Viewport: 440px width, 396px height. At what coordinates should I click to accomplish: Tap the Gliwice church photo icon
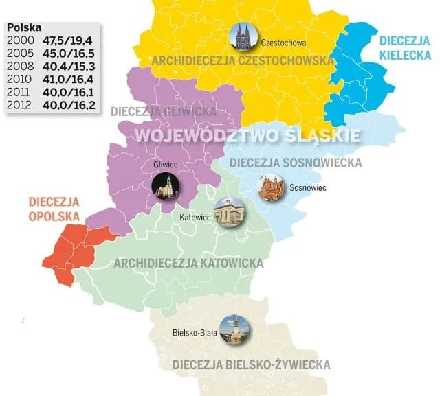pos(165,186)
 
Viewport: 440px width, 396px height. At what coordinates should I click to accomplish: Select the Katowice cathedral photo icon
pos(229,212)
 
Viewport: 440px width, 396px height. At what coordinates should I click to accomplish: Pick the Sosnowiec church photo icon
pos(270,187)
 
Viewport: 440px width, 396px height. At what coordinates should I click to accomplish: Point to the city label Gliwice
pos(166,165)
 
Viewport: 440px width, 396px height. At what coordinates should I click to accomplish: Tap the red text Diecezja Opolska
pos(54,209)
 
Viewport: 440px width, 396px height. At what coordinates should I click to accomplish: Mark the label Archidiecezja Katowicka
pos(188,263)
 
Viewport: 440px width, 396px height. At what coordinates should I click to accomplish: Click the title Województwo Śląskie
pos(247,135)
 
